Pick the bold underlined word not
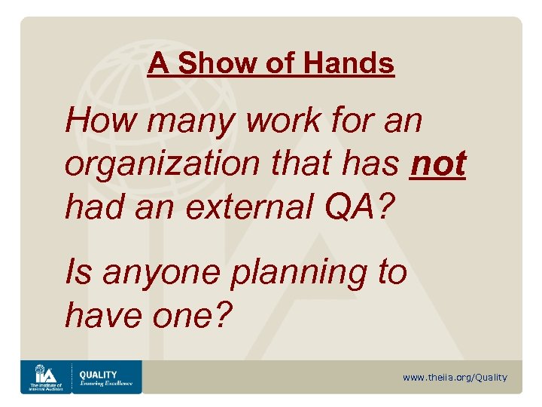pyautogui.click(x=438, y=164)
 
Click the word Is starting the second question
pyautogui.click(x=78, y=271)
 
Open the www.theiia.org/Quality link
pyautogui.click(x=455, y=378)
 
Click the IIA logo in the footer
pyautogui.click(x=44, y=376)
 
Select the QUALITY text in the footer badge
pyautogui.click(x=98, y=374)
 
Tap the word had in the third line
pyautogui.click(x=93, y=207)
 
